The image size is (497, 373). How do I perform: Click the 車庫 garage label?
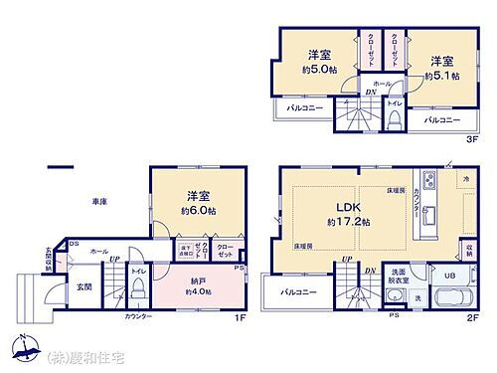tap(99, 202)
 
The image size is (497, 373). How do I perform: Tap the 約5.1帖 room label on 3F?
tap(438, 76)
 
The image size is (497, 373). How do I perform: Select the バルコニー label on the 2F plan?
tap(297, 292)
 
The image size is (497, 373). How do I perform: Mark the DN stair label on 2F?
tap(369, 271)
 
